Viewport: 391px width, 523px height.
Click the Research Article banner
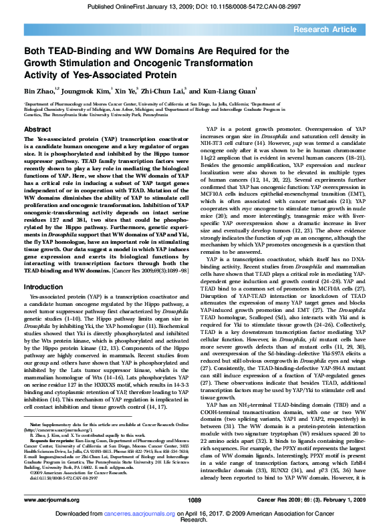click(x=334, y=30)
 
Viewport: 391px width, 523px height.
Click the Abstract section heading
click(x=38, y=129)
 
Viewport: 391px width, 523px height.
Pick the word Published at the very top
click(x=104, y=6)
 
